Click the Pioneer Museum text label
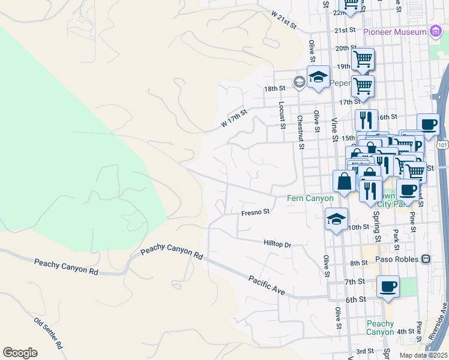tap(394, 31)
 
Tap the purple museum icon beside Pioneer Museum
tap(436, 32)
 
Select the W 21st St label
tap(284, 20)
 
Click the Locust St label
tap(281, 115)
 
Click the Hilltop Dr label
tap(277, 244)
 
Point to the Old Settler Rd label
tap(49, 334)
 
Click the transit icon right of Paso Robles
tap(426, 259)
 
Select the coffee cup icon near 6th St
tap(388, 286)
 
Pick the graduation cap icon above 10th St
tap(336, 219)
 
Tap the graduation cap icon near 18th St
tap(318, 77)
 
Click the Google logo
tap(20, 353)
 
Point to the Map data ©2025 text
tap(424, 355)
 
